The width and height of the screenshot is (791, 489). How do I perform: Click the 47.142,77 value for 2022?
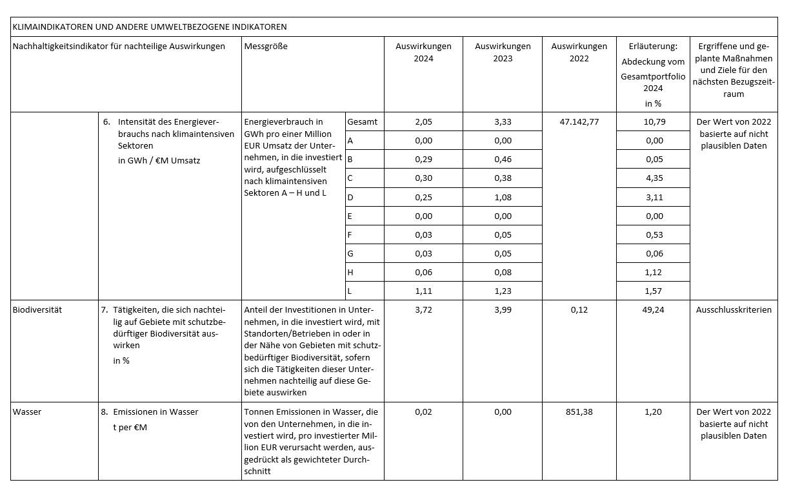pyautogui.click(x=579, y=121)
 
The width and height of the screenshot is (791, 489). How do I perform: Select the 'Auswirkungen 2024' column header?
pyautogui.click(x=423, y=52)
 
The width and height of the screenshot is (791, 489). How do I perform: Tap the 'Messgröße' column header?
pyautogui.click(x=266, y=47)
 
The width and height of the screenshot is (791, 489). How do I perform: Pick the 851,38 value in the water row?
pyautogui.click(x=579, y=411)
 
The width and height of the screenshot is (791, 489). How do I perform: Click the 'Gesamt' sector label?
pyautogui.click(x=362, y=121)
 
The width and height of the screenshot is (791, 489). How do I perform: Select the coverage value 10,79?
pyautogui.click(x=654, y=121)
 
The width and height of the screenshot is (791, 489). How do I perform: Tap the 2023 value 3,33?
pyautogui.click(x=503, y=121)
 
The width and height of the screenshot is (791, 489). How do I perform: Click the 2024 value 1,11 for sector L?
pyautogui.click(x=423, y=291)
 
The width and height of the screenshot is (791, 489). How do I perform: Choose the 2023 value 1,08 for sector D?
pyautogui.click(x=503, y=197)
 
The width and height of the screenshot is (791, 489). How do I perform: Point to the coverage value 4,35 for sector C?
pyautogui.click(x=654, y=178)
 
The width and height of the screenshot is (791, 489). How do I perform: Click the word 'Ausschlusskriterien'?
pyautogui.click(x=734, y=309)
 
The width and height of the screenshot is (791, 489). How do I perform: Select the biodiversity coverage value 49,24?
pyautogui.click(x=654, y=309)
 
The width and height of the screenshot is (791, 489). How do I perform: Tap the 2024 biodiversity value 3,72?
pyautogui.click(x=423, y=309)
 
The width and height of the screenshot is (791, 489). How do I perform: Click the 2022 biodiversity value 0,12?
pyautogui.click(x=579, y=309)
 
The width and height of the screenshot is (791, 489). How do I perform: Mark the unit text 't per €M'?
pyautogui.click(x=130, y=427)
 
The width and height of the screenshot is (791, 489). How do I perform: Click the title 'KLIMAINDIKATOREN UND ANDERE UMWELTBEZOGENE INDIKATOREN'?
pyautogui.click(x=150, y=27)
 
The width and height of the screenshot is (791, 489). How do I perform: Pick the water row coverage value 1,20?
pyautogui.click(x=654, y=411)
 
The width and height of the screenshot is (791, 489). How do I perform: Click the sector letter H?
pyautogui.click(x=350, y=273)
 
